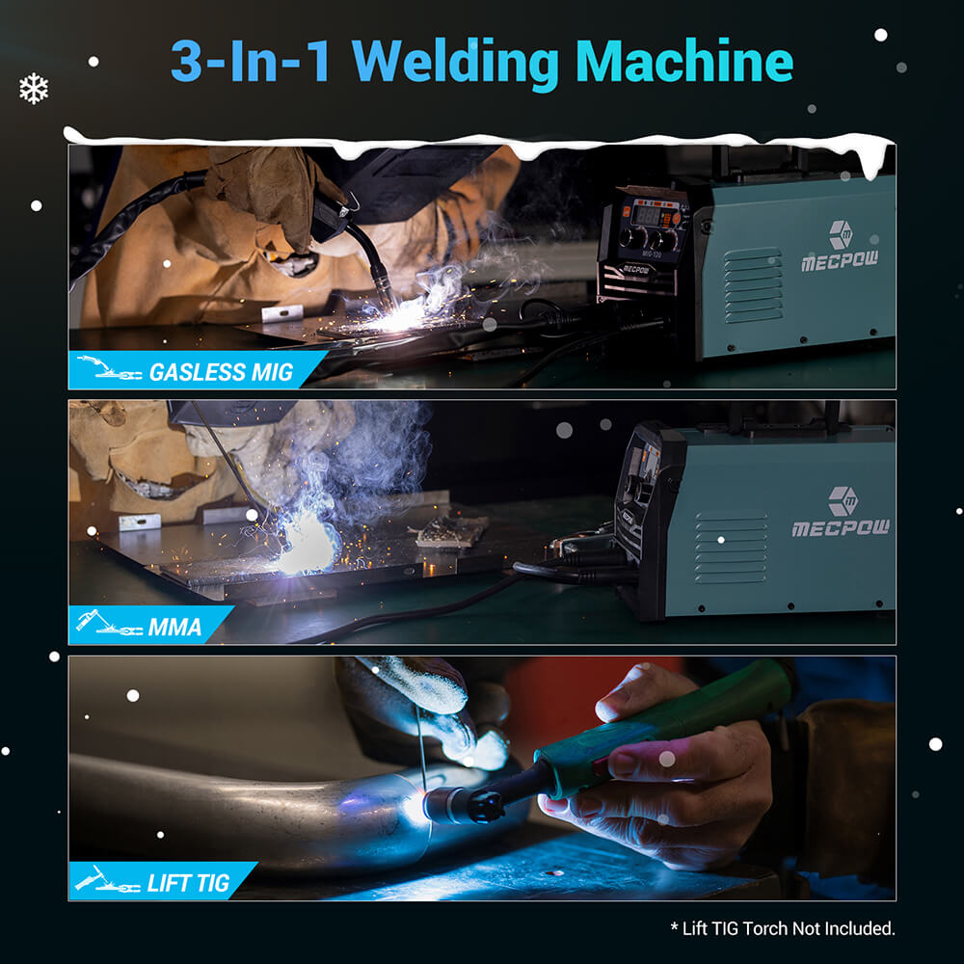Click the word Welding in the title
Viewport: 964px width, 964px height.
pos(462,63)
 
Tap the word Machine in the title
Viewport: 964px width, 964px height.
pos(684,63)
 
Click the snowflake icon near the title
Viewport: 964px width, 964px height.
pos(34,90)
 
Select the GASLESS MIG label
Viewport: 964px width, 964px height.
pos(221,372)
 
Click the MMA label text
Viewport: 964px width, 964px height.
pos(175,628)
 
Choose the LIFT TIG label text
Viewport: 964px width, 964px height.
pos(189,883)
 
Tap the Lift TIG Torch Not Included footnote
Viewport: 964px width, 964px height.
pos(782,928)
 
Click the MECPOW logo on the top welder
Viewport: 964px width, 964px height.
pos(840,247)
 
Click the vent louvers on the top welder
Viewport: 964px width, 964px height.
pos(753,285)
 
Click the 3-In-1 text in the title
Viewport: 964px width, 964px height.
pos(253,63)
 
